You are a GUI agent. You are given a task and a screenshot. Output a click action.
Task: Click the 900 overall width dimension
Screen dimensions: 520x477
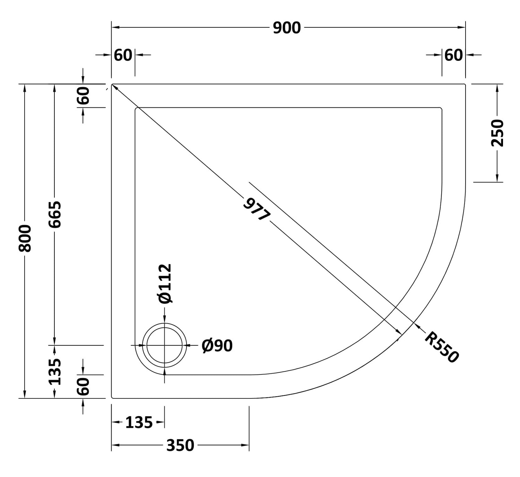click(x=287, y=28)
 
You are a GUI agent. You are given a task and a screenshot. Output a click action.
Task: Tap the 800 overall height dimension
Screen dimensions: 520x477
click(x=25, y=238)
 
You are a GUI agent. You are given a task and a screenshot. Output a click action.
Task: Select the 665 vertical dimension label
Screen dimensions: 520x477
click(x=55, y=214)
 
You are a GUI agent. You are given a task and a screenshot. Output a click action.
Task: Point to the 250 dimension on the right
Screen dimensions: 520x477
click(x=497, y=133)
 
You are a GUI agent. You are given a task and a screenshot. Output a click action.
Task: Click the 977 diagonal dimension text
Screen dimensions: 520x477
click(x=257, y=209)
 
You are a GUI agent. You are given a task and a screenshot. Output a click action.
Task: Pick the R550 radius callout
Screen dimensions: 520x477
click(x=441, y=347)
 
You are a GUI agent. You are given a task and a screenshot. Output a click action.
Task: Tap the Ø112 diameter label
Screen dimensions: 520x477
click(x=165, y=283)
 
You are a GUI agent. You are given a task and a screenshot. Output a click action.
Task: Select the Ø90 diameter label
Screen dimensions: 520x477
click(x=217, y=345)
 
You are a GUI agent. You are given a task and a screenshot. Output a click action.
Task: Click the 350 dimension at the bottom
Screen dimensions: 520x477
click(x=180, y=445)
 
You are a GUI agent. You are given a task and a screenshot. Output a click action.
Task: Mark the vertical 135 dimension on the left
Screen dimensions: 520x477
click(x=55, y=372)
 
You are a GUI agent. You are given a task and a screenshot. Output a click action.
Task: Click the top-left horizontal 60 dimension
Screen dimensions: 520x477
click(x=123, y=55)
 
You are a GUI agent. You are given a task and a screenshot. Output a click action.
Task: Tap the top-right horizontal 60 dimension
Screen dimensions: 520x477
click(x=453, y=55)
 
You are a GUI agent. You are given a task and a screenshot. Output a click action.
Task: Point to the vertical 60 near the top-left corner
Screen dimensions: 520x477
click(x=83, y=96)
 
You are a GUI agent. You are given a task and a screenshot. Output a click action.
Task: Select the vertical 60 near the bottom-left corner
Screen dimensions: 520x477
click(x=83, y=386)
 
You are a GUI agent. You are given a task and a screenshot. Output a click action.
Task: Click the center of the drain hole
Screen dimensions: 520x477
click(x=164, y=345)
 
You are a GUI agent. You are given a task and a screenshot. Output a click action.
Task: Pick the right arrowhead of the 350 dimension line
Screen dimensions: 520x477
click(x=245, y=445)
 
